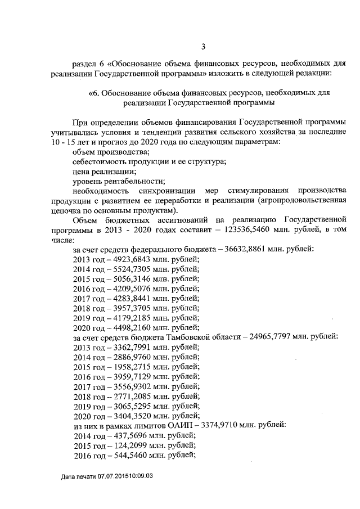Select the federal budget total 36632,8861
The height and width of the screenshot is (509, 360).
255,249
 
